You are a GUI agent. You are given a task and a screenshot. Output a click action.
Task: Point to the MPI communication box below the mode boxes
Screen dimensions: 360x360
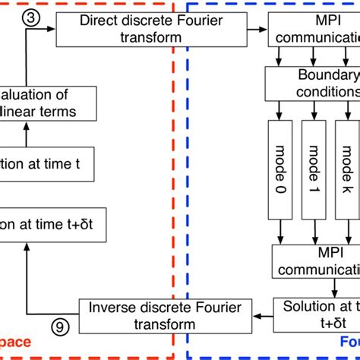pyautogui.click(x=316, y=262)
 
